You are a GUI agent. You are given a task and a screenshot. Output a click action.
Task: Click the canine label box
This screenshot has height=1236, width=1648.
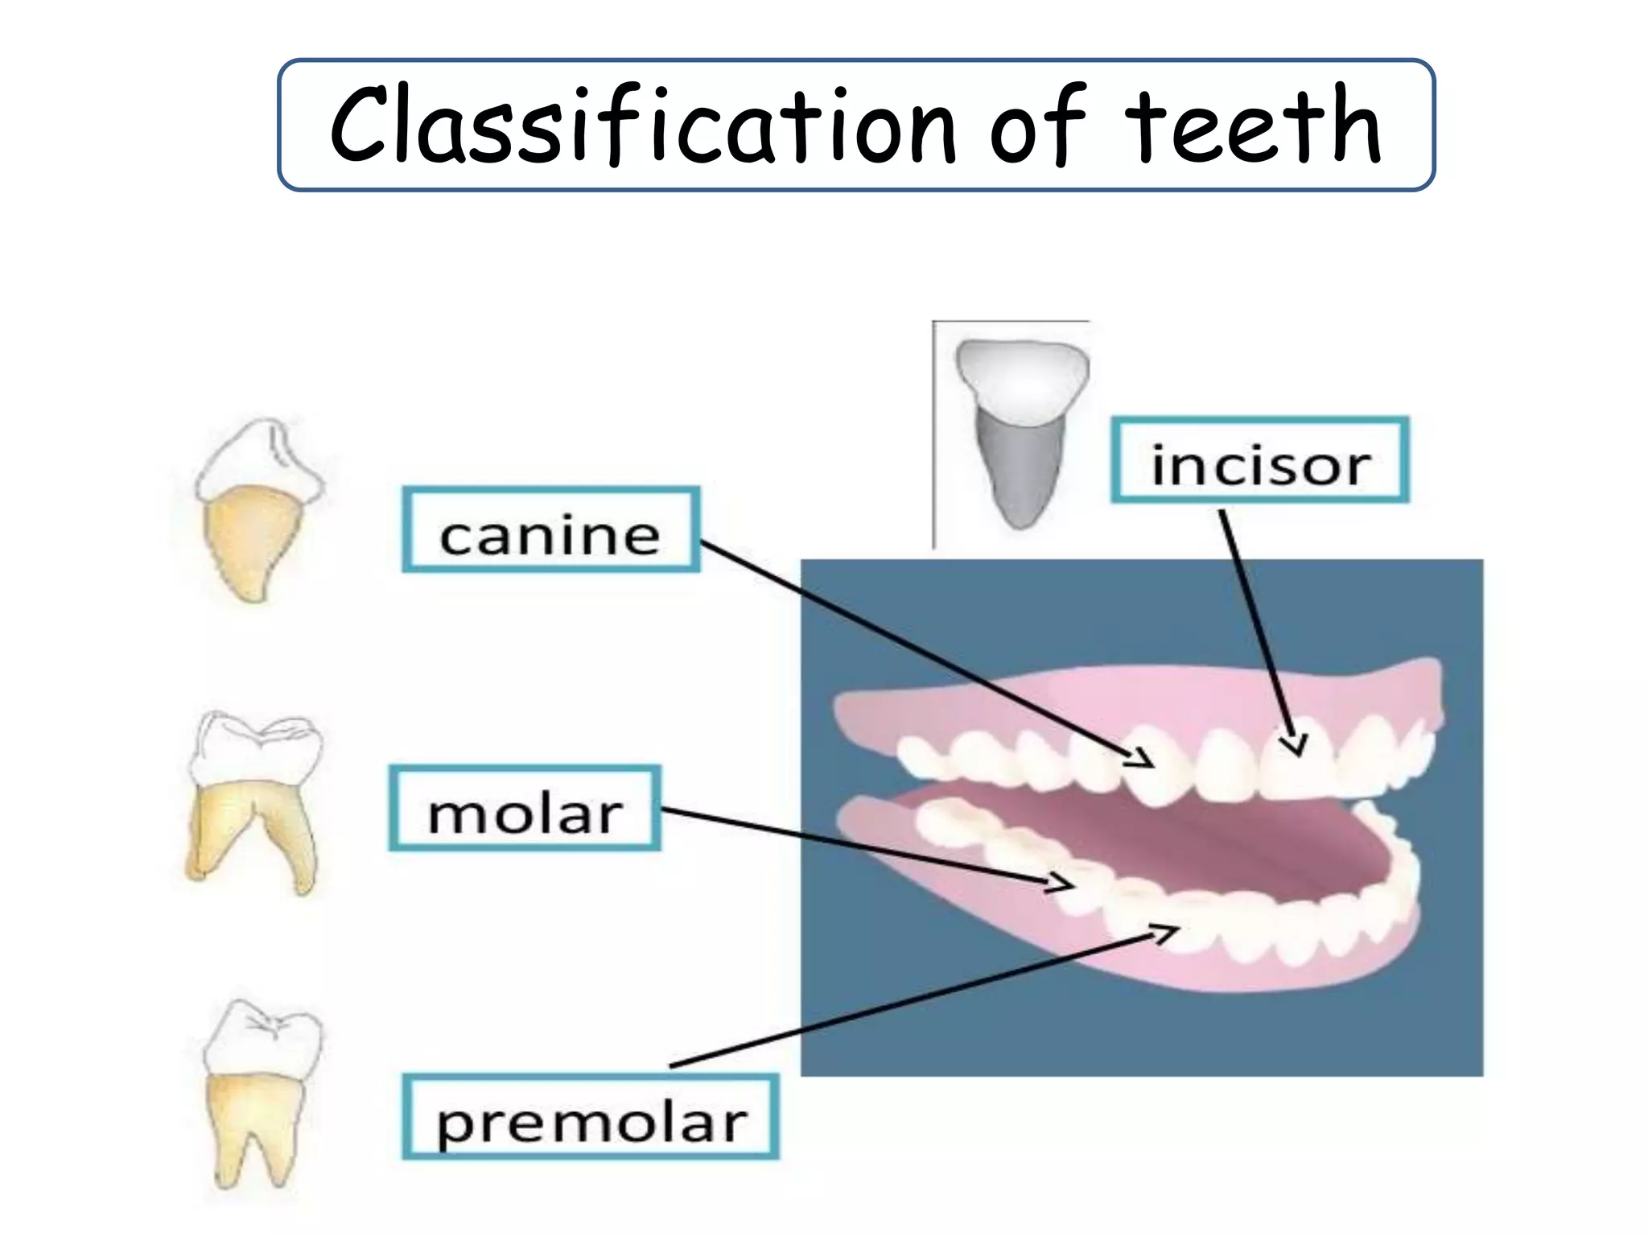pos(550,530)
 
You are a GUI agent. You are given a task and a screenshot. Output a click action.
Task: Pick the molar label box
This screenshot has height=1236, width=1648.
pos(525,809)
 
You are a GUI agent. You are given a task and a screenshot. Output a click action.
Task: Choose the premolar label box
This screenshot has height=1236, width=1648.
pos(590,1117)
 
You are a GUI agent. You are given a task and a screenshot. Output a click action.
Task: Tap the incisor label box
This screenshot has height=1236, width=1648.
pos(1259,460)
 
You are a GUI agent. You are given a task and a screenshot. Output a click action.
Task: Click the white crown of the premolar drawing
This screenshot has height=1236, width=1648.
pos(262,1039)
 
